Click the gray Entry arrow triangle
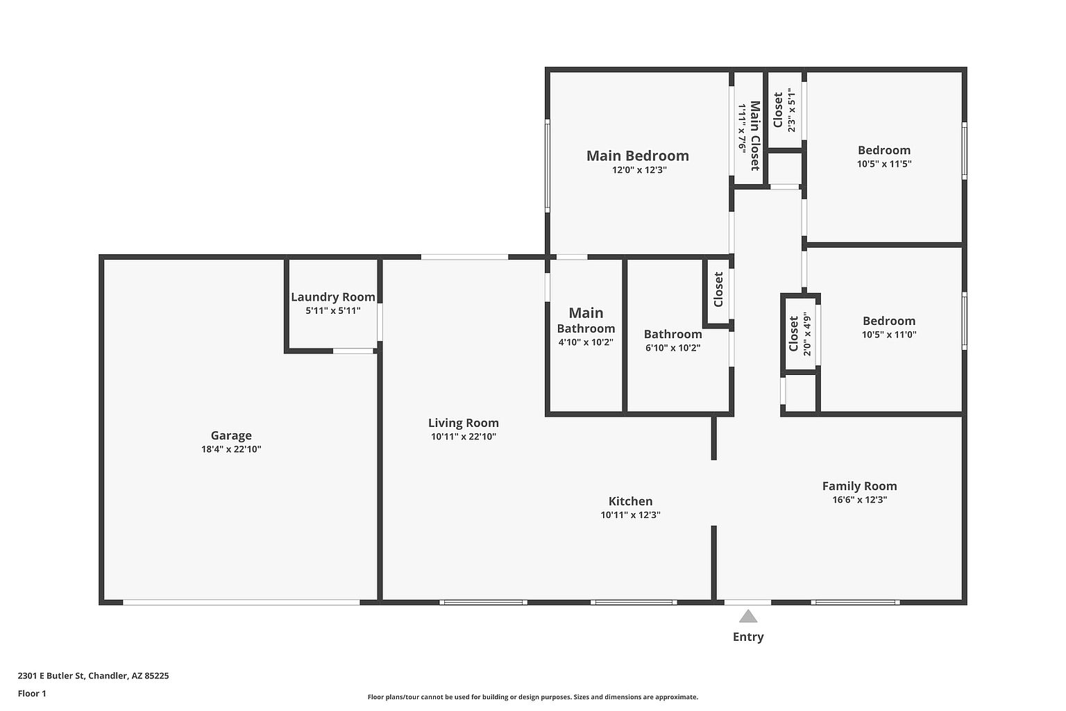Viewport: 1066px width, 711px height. tap(748, 617)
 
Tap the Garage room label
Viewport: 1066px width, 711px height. tap(231, 435)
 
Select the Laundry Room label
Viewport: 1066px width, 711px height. tap(333, 297)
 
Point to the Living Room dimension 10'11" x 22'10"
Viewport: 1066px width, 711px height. tap(464, 437)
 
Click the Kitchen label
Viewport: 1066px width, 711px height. tap(631, 501)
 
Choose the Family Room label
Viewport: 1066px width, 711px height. tap(859, 486)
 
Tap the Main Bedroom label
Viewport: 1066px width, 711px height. tap(638, 156)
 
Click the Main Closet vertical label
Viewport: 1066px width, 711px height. tap(755, 135)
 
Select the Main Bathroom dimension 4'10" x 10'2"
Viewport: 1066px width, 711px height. tap(586, 342)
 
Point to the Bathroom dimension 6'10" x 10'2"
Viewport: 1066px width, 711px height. tap(673, 348)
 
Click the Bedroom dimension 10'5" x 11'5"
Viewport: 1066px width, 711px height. tap(884, 165)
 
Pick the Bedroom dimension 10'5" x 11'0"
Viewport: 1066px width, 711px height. tap(889, 335)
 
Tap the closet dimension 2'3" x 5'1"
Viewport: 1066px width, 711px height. tap(791, 110)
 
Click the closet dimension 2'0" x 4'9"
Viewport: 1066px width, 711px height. tap(806, 334)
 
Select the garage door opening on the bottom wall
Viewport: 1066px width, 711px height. tap(242, 603)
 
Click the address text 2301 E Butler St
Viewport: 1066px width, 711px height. tap(51, 676)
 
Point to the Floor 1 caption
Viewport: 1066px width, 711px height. tap(32, 694)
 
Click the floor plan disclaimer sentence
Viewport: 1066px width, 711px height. tap(532, 697)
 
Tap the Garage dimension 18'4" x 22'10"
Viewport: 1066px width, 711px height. tap(231, 449)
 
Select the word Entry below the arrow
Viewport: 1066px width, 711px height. tap(748, 637)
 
